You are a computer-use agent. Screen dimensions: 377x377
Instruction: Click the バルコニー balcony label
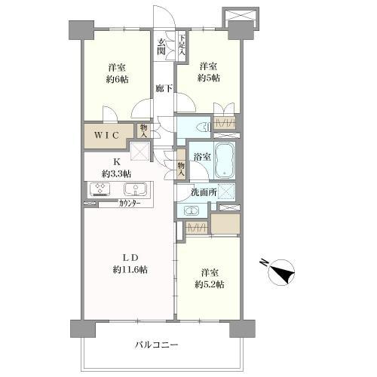(x=156, y=344)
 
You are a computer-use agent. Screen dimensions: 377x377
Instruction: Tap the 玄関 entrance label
(x=163, y=46)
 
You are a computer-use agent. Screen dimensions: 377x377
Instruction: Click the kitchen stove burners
(x=100, y=189)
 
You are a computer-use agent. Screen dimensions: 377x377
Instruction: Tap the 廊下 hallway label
(x=163, y=87)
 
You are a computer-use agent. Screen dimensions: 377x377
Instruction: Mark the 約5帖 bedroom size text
(x=209, y=78)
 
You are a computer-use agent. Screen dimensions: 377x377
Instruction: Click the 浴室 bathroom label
(x=201, y=158)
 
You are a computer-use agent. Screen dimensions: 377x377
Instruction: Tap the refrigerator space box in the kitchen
(x=139, y=152)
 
